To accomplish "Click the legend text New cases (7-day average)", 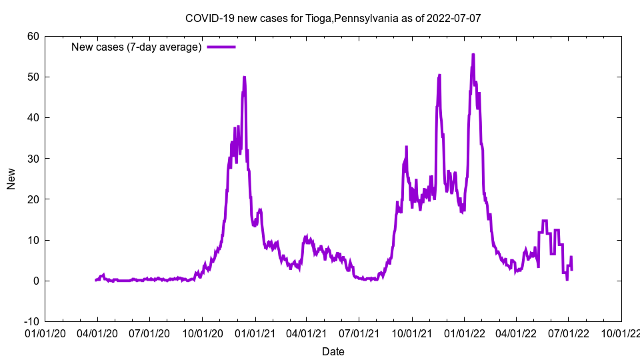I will click(137, 47).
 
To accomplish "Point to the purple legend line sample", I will click(221, 47).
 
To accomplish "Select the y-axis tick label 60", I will click(33, 36).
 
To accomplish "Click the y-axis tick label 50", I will click(33, 77).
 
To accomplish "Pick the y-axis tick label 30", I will click(33, 159).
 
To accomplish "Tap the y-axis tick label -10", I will click(31, 321).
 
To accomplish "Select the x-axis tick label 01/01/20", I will click(45, 331).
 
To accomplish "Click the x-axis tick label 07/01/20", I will click(149, 331).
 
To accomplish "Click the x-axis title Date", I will click(333, 351).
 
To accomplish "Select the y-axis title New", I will click(11, 179).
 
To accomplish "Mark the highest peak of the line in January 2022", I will click(473, 55).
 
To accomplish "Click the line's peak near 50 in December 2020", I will click(245, 77).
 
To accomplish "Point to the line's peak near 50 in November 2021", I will click(439, 75).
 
